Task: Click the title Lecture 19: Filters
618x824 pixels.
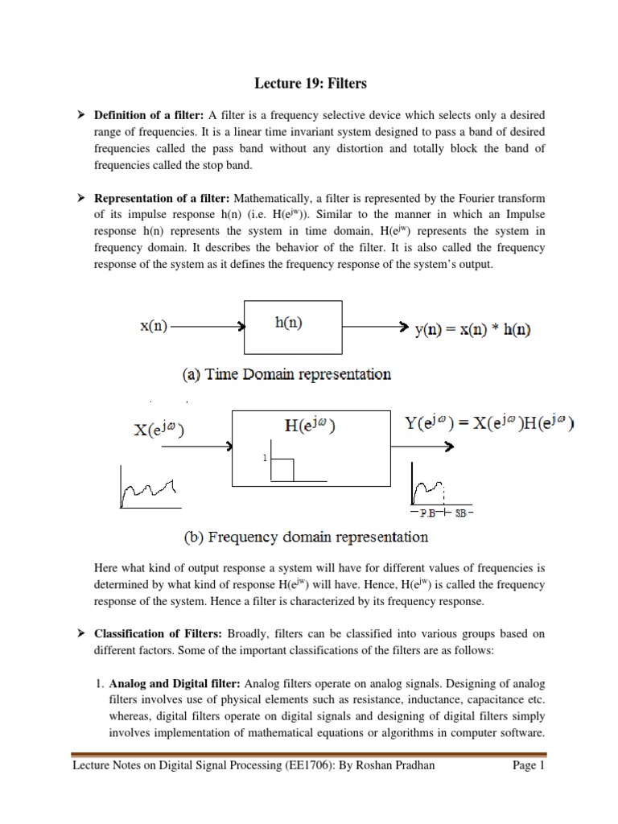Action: [x=309, y=82]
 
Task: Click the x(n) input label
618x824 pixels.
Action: [x=148, y=328]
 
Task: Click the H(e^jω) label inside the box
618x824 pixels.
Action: [x=311, y=426]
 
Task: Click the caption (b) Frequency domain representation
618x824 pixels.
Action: [x=298, y=537]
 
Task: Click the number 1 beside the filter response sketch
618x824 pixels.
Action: [x=262, y=458]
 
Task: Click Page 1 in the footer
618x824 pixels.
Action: [x=529, y=765]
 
